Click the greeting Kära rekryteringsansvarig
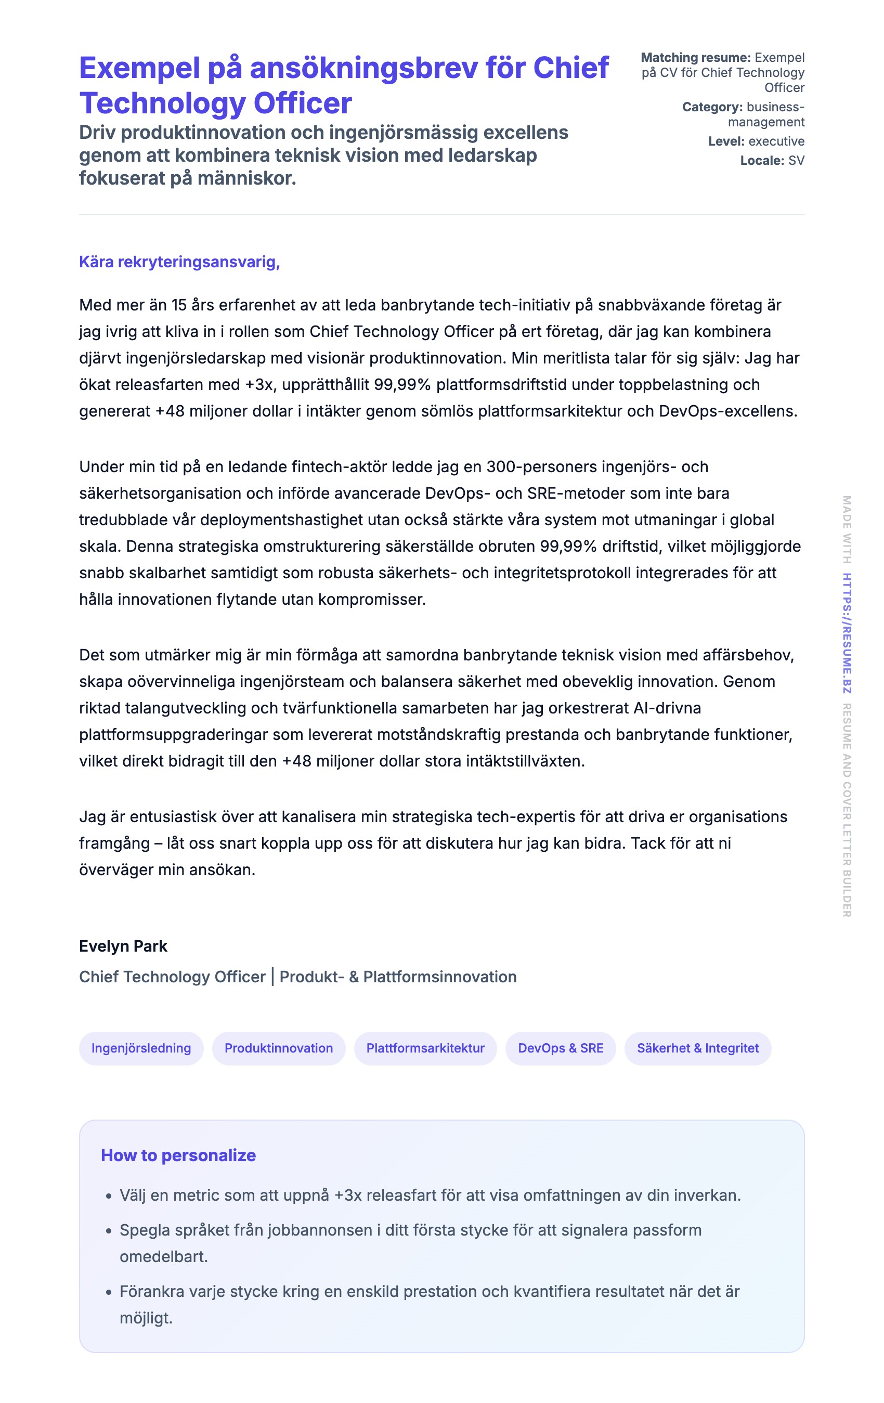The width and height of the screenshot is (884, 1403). [x=179, y=262]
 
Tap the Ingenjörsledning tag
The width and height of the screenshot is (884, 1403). [x=141, y=1048]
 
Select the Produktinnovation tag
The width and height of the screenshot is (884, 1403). [x=279, y=1048]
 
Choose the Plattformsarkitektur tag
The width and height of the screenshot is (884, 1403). [x=425, y=1048]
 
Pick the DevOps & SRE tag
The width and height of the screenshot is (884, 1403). [x=560, y=1048]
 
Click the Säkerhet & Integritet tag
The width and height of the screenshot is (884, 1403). [x=697, y=1048]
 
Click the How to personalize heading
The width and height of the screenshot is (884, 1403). [x=178, y=1155]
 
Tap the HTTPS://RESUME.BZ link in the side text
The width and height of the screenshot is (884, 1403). [x=847, y=633]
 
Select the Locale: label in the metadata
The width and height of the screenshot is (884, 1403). [x=762, y=161]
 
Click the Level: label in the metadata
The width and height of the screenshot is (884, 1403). [x=726, y=141]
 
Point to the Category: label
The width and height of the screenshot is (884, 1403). [x=712, y=107]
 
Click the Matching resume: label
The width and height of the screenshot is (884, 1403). [x=695, y=58]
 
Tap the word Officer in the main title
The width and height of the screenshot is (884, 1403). [x=303, y=103]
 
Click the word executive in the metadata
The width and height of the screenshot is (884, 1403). [x=776, y=141]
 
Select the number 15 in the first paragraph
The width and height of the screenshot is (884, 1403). [x=179, y=305]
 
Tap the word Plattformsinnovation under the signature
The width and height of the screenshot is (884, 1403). [x=439, y=977]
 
